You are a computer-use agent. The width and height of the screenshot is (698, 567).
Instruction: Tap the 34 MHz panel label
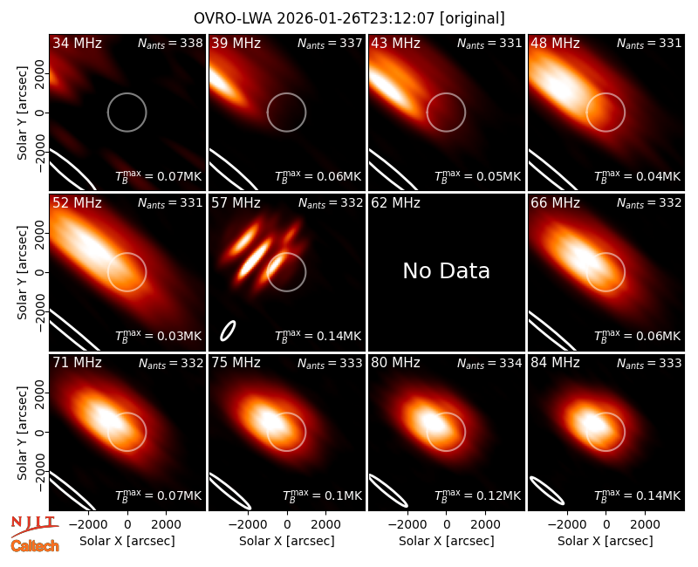click(x=77, y=43)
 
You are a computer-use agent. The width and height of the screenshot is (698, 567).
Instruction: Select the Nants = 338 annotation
click(x=170, y=43)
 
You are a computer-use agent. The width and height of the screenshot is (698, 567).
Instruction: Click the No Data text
click(x=446, y=270)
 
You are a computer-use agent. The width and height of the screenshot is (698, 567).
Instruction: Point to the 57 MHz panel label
click(x=236, y=203)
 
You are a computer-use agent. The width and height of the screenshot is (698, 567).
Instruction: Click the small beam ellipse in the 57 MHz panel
click(x=228, y=331)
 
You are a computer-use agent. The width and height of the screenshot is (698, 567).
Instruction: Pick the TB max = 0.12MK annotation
click(x=477, y=495)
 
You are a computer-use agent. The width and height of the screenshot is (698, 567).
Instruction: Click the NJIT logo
click(x=34, y=526)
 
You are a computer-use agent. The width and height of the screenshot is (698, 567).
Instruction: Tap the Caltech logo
click(x=35, y=546)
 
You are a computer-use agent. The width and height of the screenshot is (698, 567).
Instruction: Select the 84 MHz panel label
click(x=555, y=363)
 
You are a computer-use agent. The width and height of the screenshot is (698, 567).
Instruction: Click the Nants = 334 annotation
click(x=489, y=363)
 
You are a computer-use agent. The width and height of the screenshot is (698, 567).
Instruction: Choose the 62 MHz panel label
click(x=396, y=203)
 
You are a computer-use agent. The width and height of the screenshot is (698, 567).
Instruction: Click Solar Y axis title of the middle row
click(x=22, y=272)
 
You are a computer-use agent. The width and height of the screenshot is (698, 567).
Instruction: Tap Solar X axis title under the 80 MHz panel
click(x=446, y=541)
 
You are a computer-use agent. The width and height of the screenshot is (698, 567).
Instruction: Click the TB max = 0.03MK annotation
click(x=159, y=335)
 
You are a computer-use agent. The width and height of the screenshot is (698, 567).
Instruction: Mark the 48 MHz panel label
click(x=555, y=43)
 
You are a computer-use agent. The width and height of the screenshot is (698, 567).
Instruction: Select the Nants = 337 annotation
click(x=330, y=43)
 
